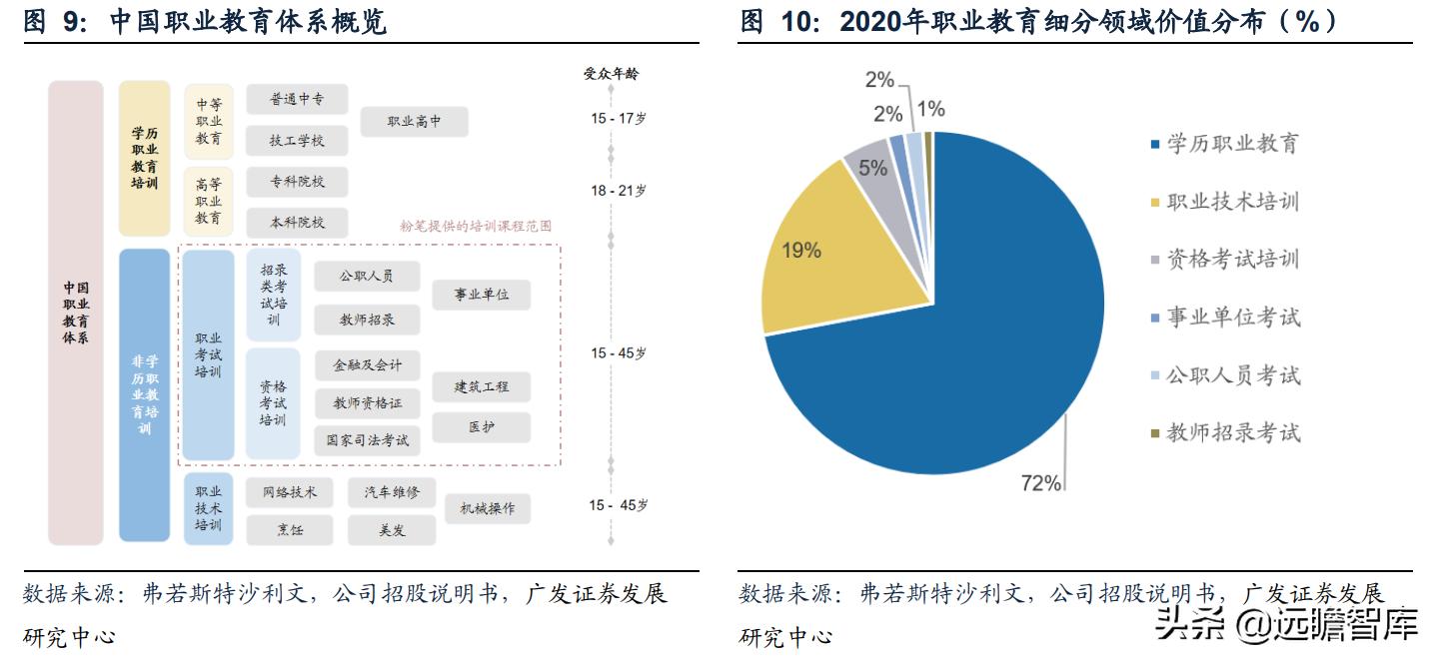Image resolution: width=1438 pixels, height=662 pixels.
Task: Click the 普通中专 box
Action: tap(297, 99)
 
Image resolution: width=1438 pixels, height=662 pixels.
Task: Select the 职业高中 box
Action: tap(414, 122)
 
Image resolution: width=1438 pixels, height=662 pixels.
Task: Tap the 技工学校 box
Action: tap(297, 141)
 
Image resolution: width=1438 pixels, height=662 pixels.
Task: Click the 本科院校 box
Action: tap(297, 223)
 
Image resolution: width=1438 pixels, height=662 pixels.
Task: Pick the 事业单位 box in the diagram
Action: tap(481, 295)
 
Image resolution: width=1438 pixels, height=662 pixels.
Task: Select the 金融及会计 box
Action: tap(367, 365)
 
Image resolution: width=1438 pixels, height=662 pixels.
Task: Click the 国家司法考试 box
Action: tap(367, 439)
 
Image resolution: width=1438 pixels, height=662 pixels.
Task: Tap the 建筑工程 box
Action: tap(481, 386)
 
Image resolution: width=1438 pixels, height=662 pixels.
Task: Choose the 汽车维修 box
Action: tap(392, 491)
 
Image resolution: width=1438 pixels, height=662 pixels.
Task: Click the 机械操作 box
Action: tap(487, 508)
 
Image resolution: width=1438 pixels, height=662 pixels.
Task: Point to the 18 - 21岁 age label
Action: tap(618, 191)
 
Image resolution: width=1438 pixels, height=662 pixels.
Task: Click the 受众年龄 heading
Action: tap(611, 73)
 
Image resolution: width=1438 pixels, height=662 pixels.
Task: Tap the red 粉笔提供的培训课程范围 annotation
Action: tap(476, 227)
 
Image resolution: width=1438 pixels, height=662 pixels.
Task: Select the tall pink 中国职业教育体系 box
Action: tap(76, 313)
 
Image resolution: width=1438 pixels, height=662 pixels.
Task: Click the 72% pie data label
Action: tap(1040, 483)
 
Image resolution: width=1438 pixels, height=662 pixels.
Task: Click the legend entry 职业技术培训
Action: tap(1232, 202)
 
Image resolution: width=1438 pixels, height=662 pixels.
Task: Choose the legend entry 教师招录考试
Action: tap(1232, 433)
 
